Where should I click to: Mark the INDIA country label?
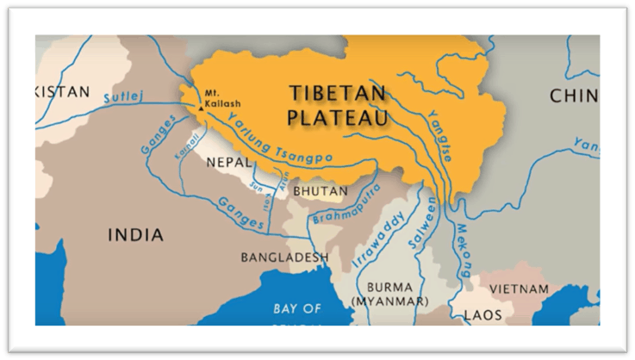(x=135, y=234)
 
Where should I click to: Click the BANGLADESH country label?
(x=284, y=258)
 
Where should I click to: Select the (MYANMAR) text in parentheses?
(x=389, y=301)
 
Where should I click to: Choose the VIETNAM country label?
(x=519, y=288)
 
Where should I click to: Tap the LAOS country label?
(x=482, y=315)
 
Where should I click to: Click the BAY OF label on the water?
(x=297, y=307)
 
